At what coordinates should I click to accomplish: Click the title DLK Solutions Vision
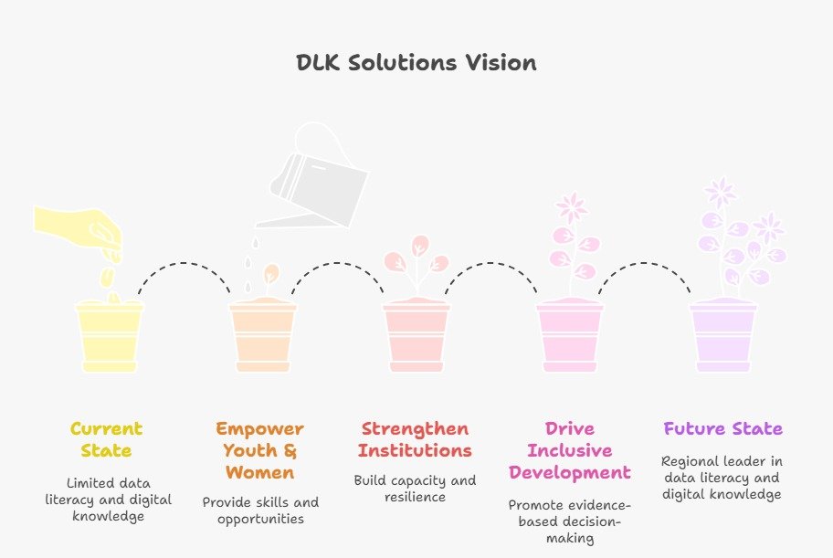[x=416, y=63]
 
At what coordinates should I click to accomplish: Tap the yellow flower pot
[x=110, y=337]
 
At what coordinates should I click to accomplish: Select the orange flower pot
[x=263, y=337]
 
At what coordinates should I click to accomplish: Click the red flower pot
[x=416, y=337]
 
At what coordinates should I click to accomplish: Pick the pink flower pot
[x=570, y=337]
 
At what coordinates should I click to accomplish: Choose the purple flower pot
[x=723, y=337]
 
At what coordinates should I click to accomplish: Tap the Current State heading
[x=106, y=439]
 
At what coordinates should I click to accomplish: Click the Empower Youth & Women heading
[x=259, y=450]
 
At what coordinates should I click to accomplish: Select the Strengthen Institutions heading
[x=415, y=439]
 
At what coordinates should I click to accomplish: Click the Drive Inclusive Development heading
[x=570, y=450]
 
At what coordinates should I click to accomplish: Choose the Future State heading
[x=722, y=428]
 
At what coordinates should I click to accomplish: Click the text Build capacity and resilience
[x=415, y=489]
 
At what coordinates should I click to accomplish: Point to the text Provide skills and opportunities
[x=259, y=511]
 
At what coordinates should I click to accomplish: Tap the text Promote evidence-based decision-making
[x=570, y=521]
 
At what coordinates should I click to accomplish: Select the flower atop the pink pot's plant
[x=572, y=206]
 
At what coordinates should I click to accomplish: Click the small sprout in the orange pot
[x=271, y=274]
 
